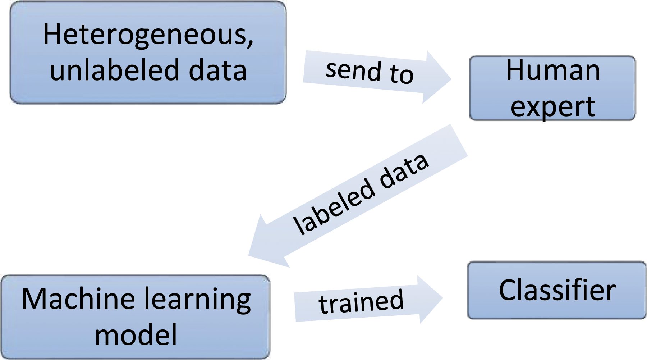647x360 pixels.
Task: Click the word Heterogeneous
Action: click(x=146, y=35)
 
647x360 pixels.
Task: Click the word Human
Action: click(x=553, y=70)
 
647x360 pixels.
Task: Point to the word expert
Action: click(x=553, y=107)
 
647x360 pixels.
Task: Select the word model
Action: click(x=136, y=334)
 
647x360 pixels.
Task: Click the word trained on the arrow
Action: click(x=361, y=301)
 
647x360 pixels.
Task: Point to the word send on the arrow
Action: click(x=353, y=70)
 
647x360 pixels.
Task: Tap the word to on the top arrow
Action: click(x=401, y=74)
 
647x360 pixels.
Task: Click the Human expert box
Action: click(x=552, y=88)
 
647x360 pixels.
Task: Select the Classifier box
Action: click(x=557, y=290)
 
